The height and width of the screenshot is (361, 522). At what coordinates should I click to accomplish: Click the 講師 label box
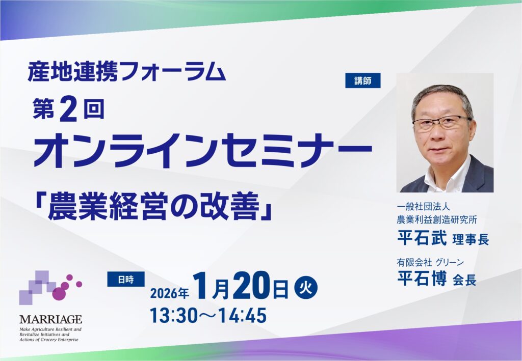pos(362,80)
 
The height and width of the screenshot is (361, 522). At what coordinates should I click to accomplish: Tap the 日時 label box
pos(125,280)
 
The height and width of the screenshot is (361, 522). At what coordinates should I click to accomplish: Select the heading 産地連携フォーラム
pos(126,72)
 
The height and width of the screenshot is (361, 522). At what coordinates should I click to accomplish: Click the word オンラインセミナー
pos(202,151)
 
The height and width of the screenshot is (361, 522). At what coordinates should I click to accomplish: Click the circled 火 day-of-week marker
pos(306,288)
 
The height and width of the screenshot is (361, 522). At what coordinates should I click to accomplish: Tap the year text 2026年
pos(169,293)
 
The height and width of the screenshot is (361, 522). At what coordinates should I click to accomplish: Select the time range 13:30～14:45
pos(208,316)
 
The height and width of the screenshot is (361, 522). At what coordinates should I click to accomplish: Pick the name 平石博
pos(422,279)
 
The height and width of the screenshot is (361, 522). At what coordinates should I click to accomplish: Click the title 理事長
pos(471,240)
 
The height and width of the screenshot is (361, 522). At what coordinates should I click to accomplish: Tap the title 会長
pos(464,281)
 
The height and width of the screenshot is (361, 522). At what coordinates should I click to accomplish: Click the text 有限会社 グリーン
pos(430,263)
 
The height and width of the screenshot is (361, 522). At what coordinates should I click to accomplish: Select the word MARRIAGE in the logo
pos(50,319)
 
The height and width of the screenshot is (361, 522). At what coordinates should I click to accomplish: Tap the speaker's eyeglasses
pos(441,123)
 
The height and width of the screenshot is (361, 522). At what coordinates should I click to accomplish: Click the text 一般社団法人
pos(423,207)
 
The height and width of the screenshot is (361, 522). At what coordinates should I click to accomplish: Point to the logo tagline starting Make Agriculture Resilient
pos(50,335)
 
